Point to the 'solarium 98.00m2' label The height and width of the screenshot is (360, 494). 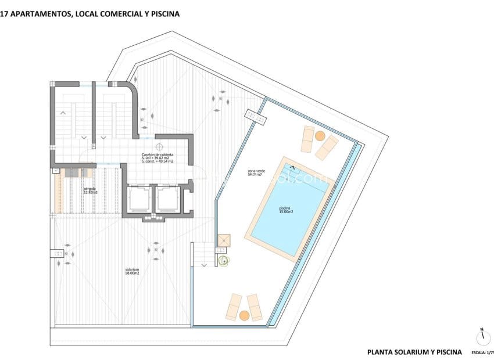[x=132, y=271]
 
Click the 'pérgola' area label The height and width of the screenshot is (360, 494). [x=90, y=190]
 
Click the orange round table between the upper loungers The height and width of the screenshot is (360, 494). [x=320, y=136]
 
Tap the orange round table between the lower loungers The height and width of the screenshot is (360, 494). [x=244, y=315]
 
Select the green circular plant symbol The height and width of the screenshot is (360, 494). [x=224, y=261]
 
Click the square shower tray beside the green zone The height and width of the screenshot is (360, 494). [x=224, y=240]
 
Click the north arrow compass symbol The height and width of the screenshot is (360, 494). [x=481, y=337]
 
